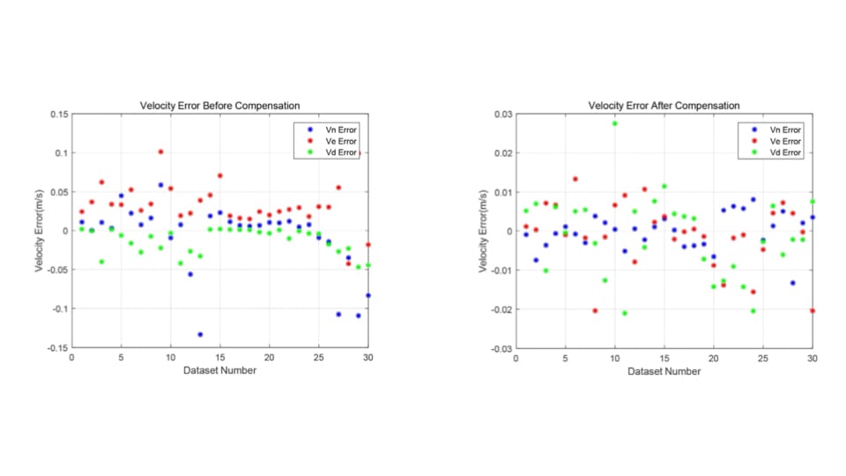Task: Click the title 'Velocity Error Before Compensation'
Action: (220, 106)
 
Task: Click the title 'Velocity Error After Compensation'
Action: (664, 106)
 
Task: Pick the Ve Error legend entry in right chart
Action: (783, 140)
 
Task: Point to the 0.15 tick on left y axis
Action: (57, 115)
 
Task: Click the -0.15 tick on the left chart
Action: (56, 348)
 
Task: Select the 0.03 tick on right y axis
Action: (501, 115)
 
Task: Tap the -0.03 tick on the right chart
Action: (500, 348)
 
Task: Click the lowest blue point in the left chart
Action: (200, 334)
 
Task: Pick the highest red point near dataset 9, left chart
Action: (160, 152)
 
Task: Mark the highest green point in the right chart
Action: (615, 123)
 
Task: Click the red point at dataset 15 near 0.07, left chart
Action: (220, 175)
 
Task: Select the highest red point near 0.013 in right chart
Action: (575, 179)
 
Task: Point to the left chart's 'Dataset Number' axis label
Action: (220, 370)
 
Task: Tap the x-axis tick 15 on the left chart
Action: (220, 358)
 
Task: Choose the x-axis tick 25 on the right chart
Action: (763, 358)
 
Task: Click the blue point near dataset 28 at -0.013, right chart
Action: (793, 282)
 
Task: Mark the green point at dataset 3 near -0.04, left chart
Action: (101, 262)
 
